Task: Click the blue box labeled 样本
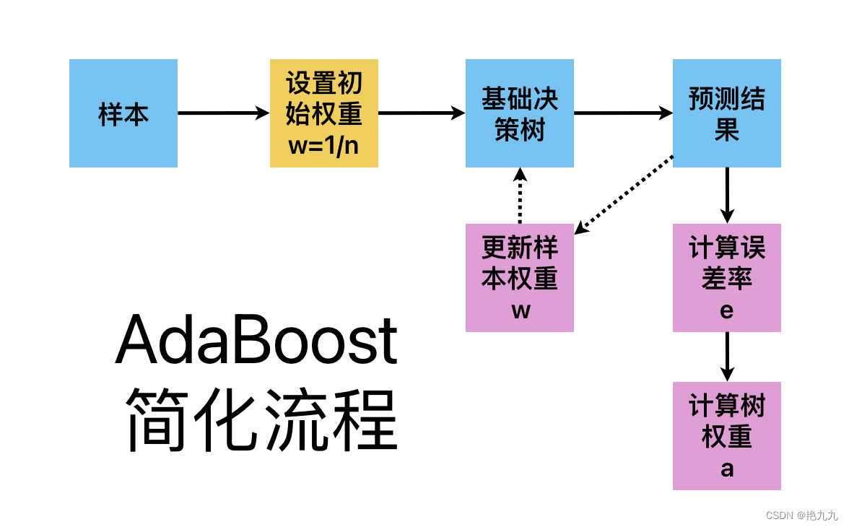click(x=123, y=113)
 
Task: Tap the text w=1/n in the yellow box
click(x=323, y=144)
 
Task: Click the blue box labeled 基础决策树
click(x=520, y=113)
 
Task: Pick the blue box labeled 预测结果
click(x=726, y=113)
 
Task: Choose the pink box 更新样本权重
click(x=520, y=278)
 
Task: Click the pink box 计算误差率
click(x=726, y=278)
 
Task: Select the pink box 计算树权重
click(x=726, y=436)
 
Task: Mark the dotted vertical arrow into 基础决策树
click(x=519, y=196)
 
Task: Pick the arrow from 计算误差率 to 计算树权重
click(x=727, y=356)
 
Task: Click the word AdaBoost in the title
click(x=256, y=340)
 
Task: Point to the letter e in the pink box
click(x=727, y=310)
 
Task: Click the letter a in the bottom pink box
click(x=727, y=469)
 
